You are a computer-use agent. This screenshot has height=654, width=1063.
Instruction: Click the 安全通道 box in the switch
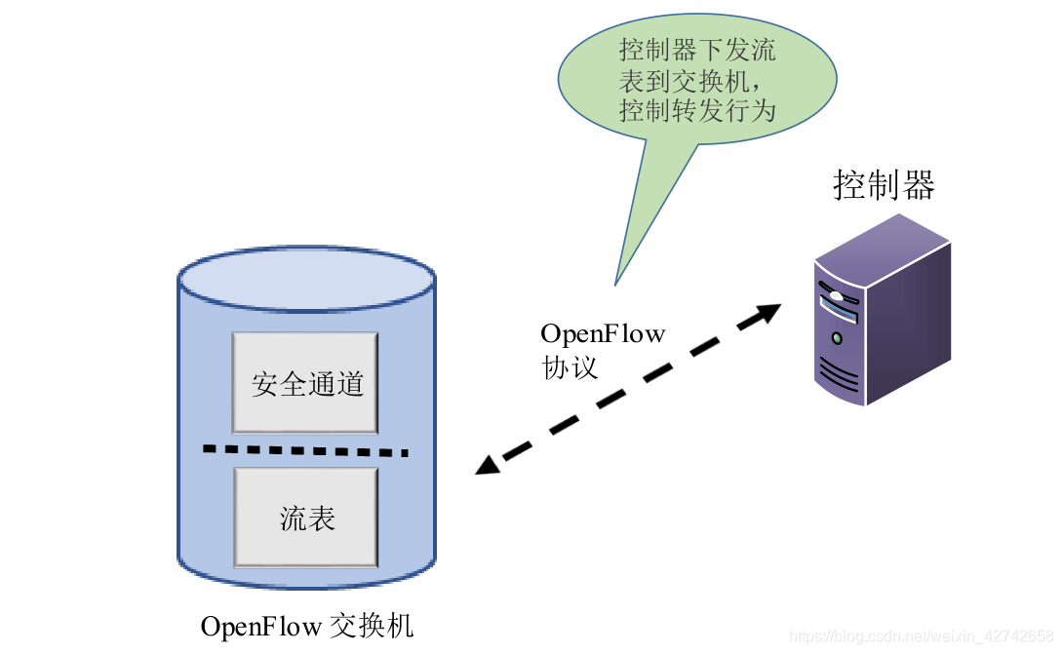[305, 383]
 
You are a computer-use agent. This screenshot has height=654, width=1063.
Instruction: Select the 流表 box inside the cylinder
[305, 518]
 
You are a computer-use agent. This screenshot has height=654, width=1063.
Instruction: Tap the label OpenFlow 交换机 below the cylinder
[307, 625]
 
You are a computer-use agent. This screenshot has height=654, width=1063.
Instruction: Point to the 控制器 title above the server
[884, 184]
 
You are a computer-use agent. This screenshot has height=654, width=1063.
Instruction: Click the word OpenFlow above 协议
[603, 334]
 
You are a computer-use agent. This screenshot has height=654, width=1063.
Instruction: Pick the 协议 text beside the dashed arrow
[570, 367]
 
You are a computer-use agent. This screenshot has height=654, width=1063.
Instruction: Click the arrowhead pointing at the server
[768, 313]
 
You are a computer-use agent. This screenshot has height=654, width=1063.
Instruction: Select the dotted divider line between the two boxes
[305, 450]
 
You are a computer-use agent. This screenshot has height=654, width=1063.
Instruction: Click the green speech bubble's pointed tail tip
[615, 284]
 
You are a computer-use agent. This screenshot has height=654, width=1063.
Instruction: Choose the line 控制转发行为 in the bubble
[697, 110]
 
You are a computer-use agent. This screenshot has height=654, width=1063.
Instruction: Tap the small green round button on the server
[837, 338]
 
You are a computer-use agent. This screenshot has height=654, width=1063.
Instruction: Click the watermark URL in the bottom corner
[922, 636]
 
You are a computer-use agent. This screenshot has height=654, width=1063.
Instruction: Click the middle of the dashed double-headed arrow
[629, 389]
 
